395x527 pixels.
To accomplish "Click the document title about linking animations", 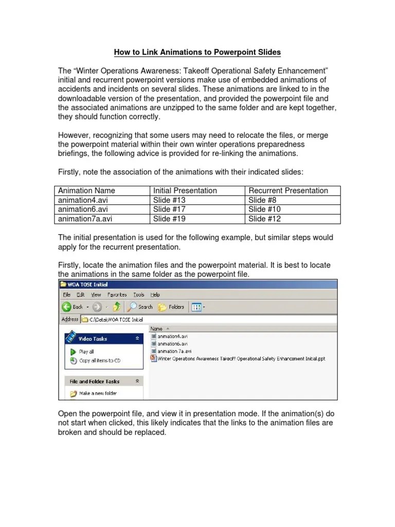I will [x=197, y=52].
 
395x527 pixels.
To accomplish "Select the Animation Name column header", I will [x=86, y=190].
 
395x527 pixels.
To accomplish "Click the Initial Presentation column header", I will [x=185, y=190].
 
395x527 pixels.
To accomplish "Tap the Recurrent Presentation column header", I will [x=288, y=190].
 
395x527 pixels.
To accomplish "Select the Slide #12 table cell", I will [x=264, y=219].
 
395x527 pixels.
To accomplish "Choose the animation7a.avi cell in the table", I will [x=85, y=219].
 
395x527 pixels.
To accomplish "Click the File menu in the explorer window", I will [x=66, y=295].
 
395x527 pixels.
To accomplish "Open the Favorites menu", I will [x=117, y=295].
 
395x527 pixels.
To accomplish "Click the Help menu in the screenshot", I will [x=155, y=295].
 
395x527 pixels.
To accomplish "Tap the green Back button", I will [x=73, y=307].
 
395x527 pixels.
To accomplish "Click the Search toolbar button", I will [x=140, y=307].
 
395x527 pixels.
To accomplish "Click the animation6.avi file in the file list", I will [x=172, y=343].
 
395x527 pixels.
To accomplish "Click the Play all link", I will [x=86, y=352].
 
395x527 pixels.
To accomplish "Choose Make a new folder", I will [x=97, y=393].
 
